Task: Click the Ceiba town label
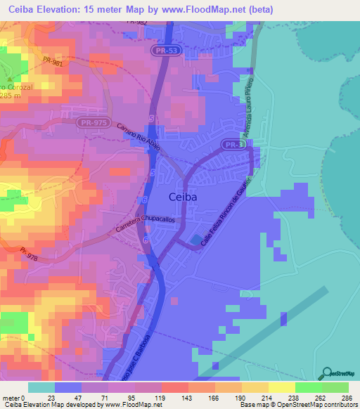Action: click(x=183, y=197)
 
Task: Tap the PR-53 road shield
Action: click(x=163, y=51)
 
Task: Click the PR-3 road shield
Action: click(x=234, y=144)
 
